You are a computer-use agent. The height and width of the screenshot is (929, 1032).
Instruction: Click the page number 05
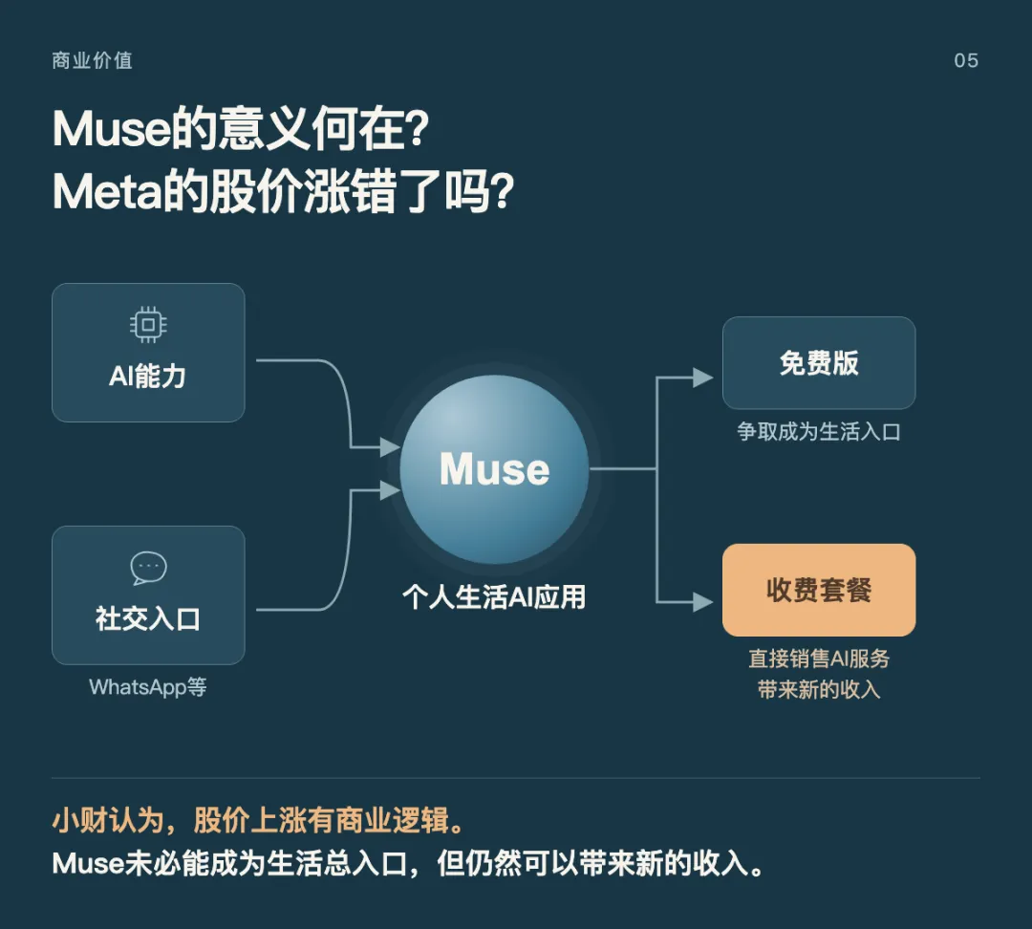tap(965, 60)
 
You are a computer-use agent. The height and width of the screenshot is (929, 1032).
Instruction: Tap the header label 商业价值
tap(92, 60)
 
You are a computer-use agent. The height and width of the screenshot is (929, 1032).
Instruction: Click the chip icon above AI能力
tap(148, 325)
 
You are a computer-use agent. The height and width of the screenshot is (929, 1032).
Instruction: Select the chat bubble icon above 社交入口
tap(149, 568)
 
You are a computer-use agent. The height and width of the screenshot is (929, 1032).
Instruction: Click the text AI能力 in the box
tap(147, 377)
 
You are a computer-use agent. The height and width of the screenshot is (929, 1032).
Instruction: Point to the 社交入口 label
tap(148, 619)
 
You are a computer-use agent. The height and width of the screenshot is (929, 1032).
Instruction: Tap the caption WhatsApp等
tap(148, 687)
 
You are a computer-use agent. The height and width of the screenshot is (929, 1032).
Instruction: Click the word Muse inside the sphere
tap(494, 468)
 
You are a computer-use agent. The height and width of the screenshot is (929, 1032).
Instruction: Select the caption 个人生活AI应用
tap(494, 597)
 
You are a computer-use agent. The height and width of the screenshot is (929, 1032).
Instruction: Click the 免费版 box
tap(819, 363)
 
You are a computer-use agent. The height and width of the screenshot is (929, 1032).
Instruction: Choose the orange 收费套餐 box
tap(819, 590)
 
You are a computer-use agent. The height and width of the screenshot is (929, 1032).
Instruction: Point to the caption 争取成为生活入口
tap(819, 432)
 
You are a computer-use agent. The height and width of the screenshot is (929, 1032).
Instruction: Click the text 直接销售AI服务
tap(819, 659)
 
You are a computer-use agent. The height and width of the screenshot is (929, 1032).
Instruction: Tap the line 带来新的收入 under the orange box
tap(819, 689)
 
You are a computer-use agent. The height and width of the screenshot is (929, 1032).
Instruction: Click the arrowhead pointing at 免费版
tap(703, 378)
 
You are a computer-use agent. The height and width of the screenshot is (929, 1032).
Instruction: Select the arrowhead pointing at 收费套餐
tap(703, 602)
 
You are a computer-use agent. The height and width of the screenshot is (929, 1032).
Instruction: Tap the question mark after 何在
tap(417, 128)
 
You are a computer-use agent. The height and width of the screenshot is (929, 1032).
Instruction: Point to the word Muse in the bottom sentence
tap(88, 864)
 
